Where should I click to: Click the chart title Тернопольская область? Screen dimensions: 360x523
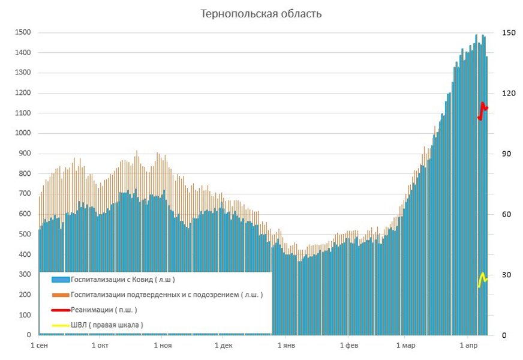click(x=261, y=14)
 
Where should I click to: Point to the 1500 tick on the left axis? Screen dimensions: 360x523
click(x=23, y=32)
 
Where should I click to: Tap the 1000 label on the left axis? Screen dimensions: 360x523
click(x=23, y=133)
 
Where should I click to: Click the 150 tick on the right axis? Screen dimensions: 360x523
click(x=509, y=32)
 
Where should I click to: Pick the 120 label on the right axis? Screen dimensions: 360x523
click(x=509, y=93)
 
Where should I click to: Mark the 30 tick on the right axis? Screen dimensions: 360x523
click(x=507, y=274)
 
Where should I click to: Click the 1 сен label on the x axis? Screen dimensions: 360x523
click(x=39, y=346)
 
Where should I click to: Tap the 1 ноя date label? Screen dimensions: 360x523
click(x=163, y=346)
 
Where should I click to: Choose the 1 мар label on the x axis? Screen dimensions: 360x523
click(x=405, y=346)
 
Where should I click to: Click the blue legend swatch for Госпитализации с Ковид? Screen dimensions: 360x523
click(x=61, y=280)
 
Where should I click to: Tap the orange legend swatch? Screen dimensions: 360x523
click(x=61, y=295)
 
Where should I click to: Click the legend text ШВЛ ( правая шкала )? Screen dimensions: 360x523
click(x=107, y=325)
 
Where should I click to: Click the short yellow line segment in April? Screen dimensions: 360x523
click(x=483, y=279)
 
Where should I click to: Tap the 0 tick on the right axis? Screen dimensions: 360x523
click(x=504, y=335)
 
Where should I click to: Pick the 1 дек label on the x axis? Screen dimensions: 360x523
click(x=223, y=346)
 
